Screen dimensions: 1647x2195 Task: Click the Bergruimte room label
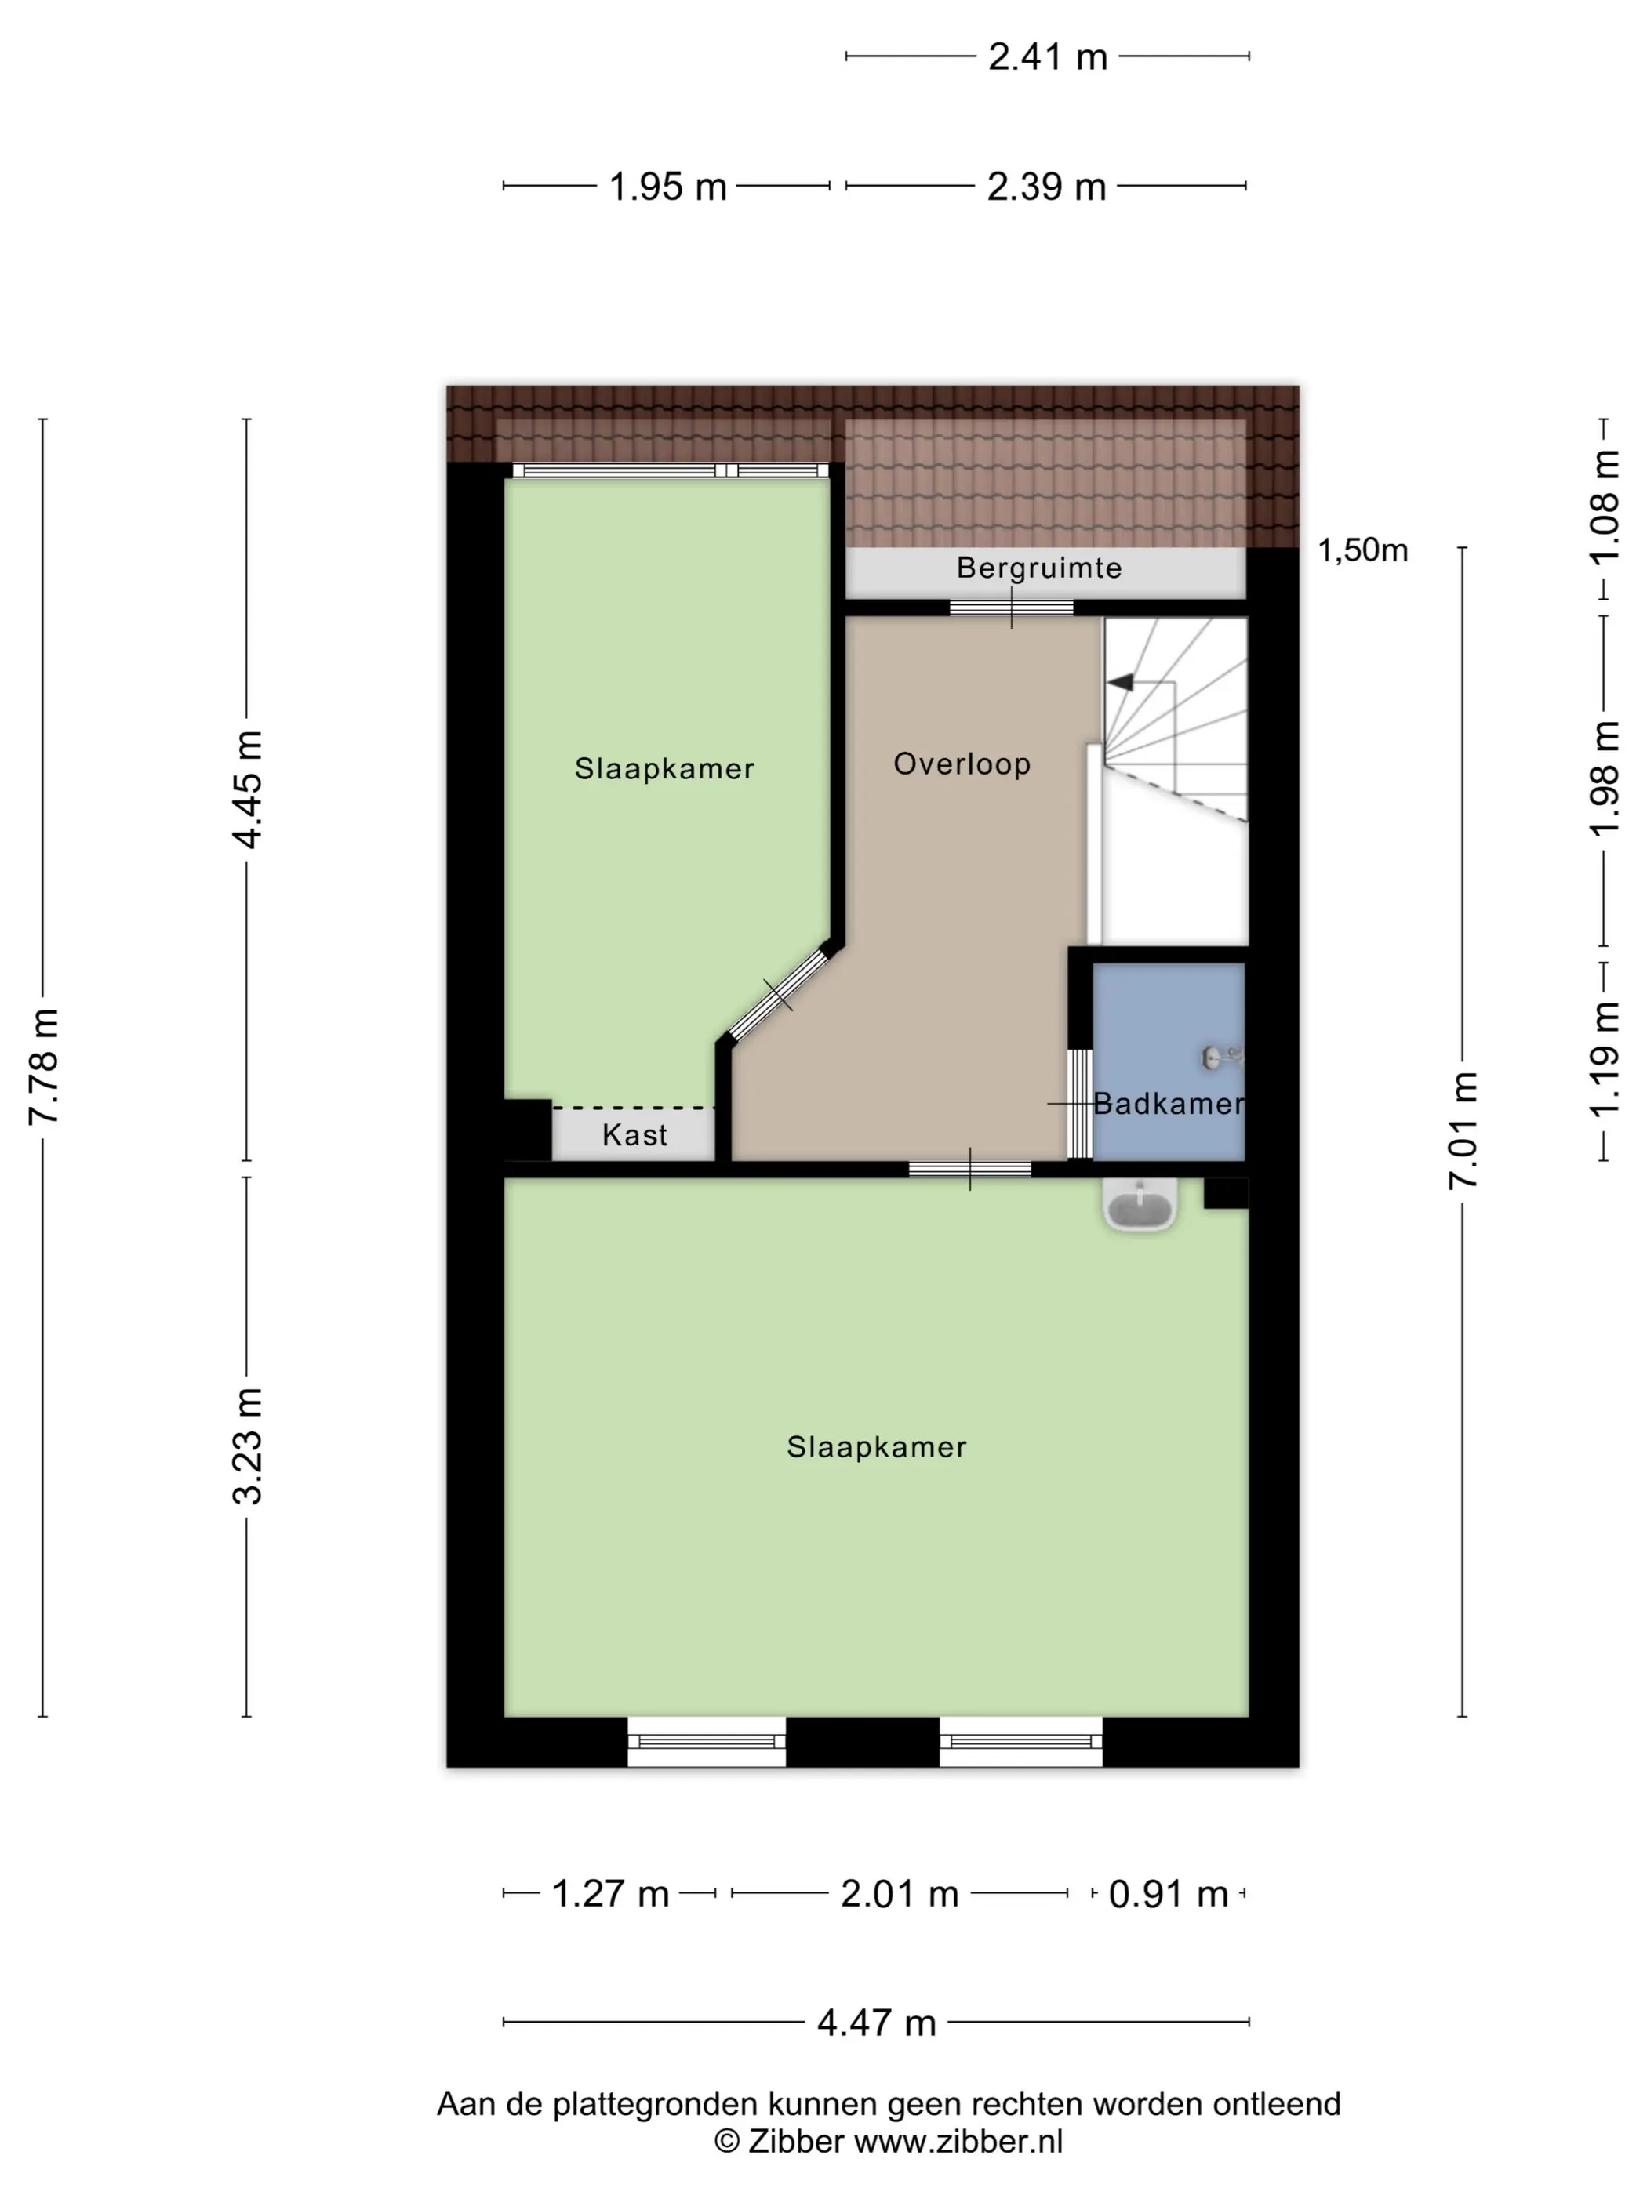[1038, 568]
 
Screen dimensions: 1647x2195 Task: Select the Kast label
[634, 1134]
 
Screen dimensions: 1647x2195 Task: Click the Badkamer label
[1169, 1104]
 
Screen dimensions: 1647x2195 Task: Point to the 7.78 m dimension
[44, 1067]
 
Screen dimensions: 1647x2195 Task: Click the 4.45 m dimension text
[247, 790]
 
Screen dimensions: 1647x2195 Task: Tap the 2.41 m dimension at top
[1047, 56]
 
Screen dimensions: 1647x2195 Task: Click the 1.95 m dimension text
[667, 187]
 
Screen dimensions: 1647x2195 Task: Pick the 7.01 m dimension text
[1463, 1130]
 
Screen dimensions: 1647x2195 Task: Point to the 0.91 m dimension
[1169, 1894]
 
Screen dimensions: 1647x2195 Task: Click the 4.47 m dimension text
[877, 2023]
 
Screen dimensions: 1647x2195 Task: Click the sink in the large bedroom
[1140, 1205]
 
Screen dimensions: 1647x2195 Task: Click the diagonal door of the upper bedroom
[778, 994]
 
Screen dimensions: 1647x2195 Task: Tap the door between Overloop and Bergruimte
[1012, 608]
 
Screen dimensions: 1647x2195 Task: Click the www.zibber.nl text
[958, 2142]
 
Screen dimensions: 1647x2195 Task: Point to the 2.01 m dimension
[900, 1894]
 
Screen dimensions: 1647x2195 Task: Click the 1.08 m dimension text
[1605, 507]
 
